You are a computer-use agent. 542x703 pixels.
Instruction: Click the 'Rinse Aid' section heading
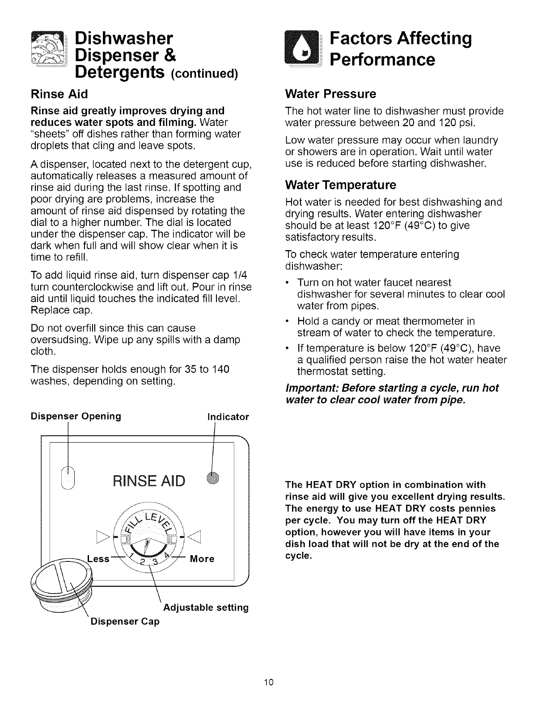(59, 94)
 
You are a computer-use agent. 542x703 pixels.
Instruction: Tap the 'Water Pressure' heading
(330, 94)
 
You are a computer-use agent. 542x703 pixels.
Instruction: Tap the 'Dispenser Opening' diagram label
(76, 416)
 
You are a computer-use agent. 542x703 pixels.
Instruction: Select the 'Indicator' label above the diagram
(228, 417)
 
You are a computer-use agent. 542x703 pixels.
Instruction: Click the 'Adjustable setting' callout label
(206, 607)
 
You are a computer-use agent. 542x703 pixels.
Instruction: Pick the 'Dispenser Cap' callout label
(125, 621)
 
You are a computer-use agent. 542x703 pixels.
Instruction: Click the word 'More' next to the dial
(202, 559)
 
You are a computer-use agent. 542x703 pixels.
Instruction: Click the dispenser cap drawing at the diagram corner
(60, 585)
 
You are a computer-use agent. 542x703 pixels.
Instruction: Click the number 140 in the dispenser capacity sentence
(220, 369)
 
